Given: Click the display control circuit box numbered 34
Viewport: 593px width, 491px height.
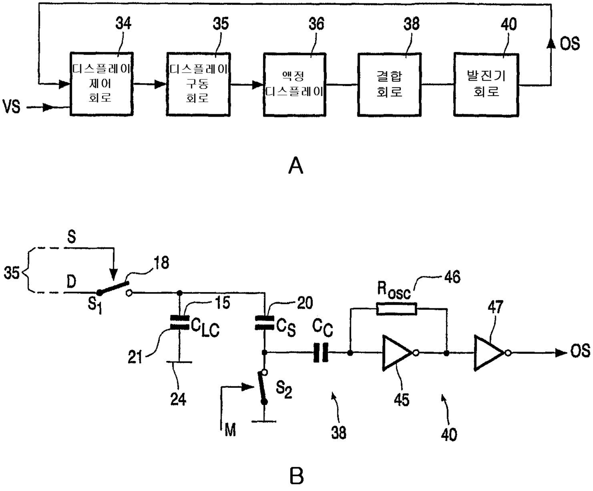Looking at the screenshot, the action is (102, 84).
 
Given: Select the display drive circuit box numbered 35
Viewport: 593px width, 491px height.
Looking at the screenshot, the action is (198, 84).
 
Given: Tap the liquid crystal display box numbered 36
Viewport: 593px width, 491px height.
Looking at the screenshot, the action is (295, 85).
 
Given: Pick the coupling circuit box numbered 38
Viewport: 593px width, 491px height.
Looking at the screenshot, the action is (389, 85).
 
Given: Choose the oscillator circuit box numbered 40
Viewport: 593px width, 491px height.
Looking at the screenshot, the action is (486, 85).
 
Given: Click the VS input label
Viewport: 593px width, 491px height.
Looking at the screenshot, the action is (11, 107).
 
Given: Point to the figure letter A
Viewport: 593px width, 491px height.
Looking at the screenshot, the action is (296, 165).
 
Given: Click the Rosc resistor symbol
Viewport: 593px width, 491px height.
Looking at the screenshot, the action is (397, 309).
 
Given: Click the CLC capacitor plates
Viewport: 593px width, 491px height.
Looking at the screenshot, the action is (179, 323).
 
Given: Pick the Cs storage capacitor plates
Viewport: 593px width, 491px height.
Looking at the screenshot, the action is (264, 323).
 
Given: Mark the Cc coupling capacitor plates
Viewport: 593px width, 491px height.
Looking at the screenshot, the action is (321, 353).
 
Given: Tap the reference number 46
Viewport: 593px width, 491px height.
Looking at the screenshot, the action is (452, 277).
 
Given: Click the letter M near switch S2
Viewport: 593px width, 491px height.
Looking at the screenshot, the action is (230, 430).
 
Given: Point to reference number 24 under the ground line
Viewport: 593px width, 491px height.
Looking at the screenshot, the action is (178, 399).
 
